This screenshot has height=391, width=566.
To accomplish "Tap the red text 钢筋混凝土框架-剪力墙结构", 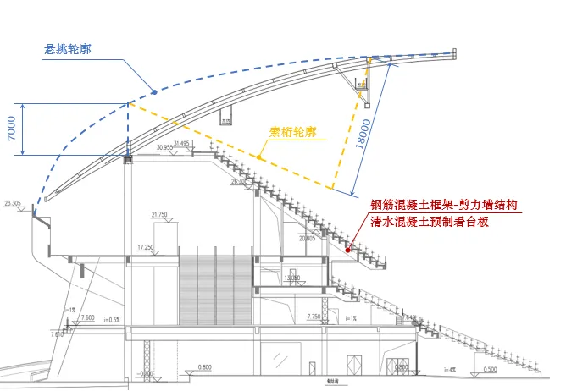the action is point(444,205).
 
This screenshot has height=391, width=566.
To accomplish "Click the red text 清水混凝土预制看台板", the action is point(430,222).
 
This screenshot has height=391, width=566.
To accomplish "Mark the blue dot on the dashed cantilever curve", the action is point(153,91).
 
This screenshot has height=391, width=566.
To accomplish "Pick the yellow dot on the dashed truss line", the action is point(259,157).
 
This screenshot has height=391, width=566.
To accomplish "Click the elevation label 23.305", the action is point(13,203).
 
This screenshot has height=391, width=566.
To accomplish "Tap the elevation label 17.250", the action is point(147,246).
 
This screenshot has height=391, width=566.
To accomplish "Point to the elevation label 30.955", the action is point(165,146).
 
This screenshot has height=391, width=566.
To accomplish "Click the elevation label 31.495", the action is point(181,143).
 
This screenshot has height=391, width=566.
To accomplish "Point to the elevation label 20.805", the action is point(307,239).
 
